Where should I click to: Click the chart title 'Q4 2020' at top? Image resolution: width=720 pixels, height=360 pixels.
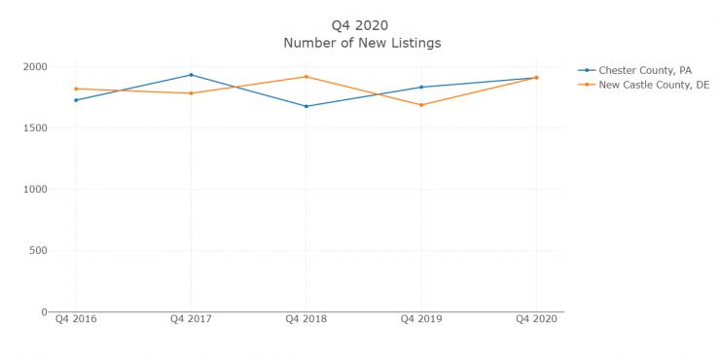click(x=361, y=25)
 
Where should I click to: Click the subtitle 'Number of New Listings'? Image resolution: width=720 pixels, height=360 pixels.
click(x=361, y=43)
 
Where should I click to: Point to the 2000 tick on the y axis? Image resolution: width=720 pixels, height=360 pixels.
click(x=35, y=67)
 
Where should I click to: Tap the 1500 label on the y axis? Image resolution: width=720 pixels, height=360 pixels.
click(x=35, y=128)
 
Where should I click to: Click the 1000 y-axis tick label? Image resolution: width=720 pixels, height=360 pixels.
click(x=35, y=190)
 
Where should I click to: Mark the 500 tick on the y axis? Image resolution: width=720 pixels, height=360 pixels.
click(x=38, y=251)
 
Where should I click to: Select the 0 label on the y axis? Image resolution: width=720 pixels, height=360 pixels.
click(x=43, y=312)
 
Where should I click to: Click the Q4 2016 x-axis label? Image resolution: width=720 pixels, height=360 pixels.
click(x=76, y=318)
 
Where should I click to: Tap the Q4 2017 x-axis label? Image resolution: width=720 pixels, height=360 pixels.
click(x=191, y=318)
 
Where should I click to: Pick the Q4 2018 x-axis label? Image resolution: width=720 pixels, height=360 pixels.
click(x=306, y=318)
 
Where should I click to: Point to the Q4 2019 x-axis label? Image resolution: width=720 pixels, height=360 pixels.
click(x=421, y=318)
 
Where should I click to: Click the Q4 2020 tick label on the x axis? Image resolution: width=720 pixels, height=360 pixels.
click(x=536, y=318)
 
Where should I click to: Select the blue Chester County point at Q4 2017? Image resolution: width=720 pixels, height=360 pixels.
click(x=191, y=75)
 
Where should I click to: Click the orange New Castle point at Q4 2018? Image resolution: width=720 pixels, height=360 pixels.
click(x=306, y=77)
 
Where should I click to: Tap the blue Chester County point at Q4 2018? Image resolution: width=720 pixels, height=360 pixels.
click(x=306, y=106)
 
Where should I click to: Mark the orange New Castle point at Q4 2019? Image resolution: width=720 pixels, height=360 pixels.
click(x=421, y=105)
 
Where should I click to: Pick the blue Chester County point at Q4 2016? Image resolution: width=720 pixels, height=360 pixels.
click(x=76, y=100)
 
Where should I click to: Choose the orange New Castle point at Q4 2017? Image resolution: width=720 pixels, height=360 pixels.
click(x=191, y=93)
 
